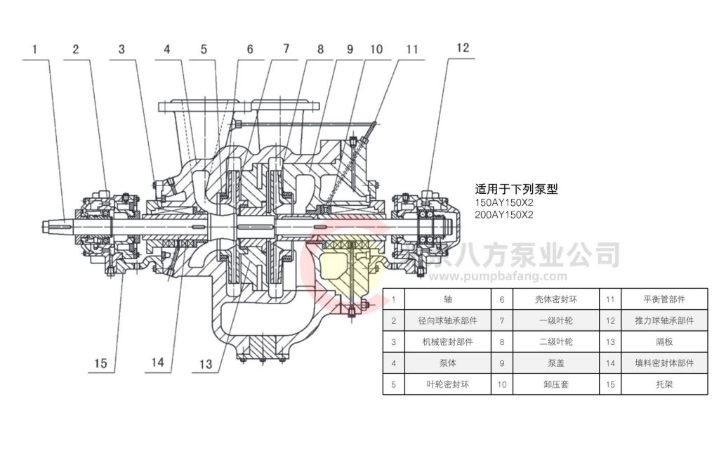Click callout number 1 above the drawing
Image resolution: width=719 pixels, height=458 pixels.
coord(34,50)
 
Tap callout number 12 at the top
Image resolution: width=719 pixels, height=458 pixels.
coord(462,48)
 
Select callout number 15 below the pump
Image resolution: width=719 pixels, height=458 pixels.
coord(101,363)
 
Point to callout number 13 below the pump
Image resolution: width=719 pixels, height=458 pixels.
coord(205,364)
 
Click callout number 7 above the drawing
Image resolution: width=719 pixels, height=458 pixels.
coord(285,49)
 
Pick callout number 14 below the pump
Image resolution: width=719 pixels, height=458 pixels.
coord(157,363)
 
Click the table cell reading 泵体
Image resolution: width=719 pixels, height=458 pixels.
coord(448,363)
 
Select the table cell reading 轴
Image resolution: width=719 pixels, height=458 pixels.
coord(448,299)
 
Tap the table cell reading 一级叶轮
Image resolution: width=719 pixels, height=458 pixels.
coord(555,320)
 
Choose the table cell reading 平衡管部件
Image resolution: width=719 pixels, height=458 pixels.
coord(664,299)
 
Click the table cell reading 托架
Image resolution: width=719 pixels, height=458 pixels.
coord(664,384)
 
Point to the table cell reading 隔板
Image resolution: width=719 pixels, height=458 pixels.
coord(664,342)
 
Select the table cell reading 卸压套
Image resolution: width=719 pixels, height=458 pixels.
coord(555,384)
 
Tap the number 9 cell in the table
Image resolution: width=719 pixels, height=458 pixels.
coord(501,363)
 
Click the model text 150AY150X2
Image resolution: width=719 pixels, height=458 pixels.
coord(504,202)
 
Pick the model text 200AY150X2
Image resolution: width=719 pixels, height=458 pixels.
coord(504,215)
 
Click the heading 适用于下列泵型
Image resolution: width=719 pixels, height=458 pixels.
coord(516,189)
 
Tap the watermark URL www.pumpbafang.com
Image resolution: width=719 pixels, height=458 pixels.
coord(505,276)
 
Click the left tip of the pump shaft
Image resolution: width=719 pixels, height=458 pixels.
coord(44,227)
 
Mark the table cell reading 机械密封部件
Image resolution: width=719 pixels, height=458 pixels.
coord(448,342)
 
